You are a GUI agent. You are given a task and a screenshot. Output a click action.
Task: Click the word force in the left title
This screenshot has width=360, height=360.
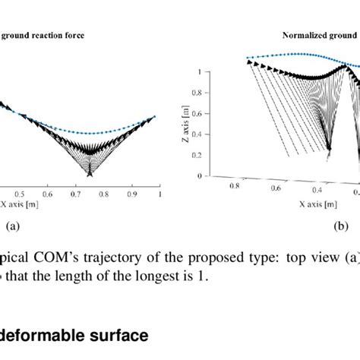click(93, 35)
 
